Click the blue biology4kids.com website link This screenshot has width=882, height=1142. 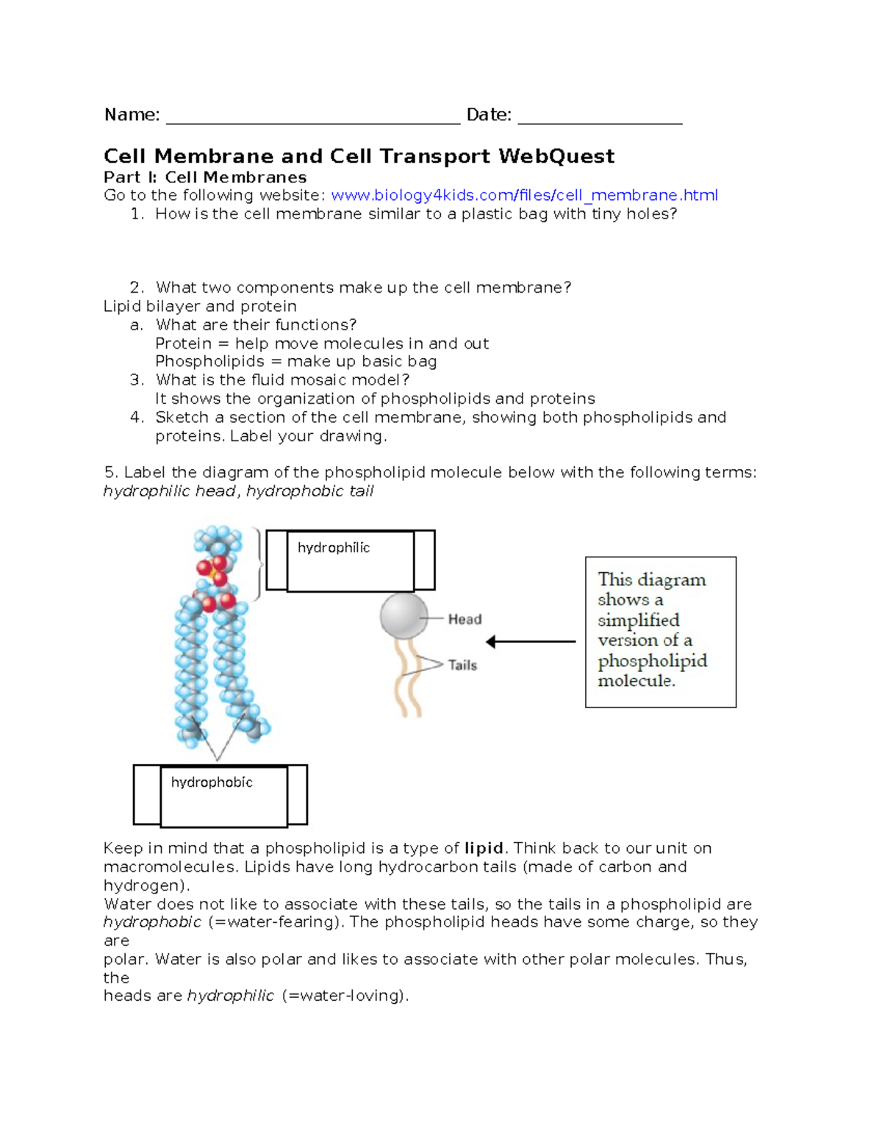click(524, 196)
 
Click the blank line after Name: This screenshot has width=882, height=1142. click(313, 118)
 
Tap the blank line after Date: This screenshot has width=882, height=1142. click(600, 118)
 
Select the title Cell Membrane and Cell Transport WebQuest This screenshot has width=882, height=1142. click(359, 157)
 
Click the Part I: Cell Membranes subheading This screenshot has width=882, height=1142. click(205, 177)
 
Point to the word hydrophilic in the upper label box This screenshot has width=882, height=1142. click(333, 548)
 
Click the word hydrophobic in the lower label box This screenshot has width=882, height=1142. click(212, 782)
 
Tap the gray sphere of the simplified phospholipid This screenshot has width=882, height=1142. click(404, 615)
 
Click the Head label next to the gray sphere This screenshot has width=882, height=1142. click(465, 620)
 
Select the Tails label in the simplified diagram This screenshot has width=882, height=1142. click(462, 665)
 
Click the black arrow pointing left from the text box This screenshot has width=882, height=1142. click(530, 642)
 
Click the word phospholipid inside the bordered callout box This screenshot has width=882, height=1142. click(652, 660)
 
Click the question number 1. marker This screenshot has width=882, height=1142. click(137, 214)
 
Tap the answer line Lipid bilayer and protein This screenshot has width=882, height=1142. click(200, 307)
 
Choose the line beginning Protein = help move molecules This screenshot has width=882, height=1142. click(322, 344)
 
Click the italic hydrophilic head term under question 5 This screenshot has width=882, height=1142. click(169, 491)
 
